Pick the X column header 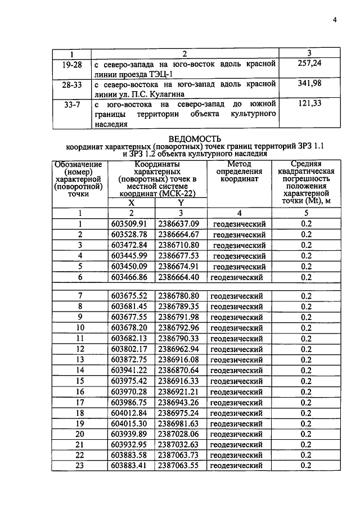pyautogui.click(x=132, y=203)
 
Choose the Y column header pyautogui.click(x=181, y=203)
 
